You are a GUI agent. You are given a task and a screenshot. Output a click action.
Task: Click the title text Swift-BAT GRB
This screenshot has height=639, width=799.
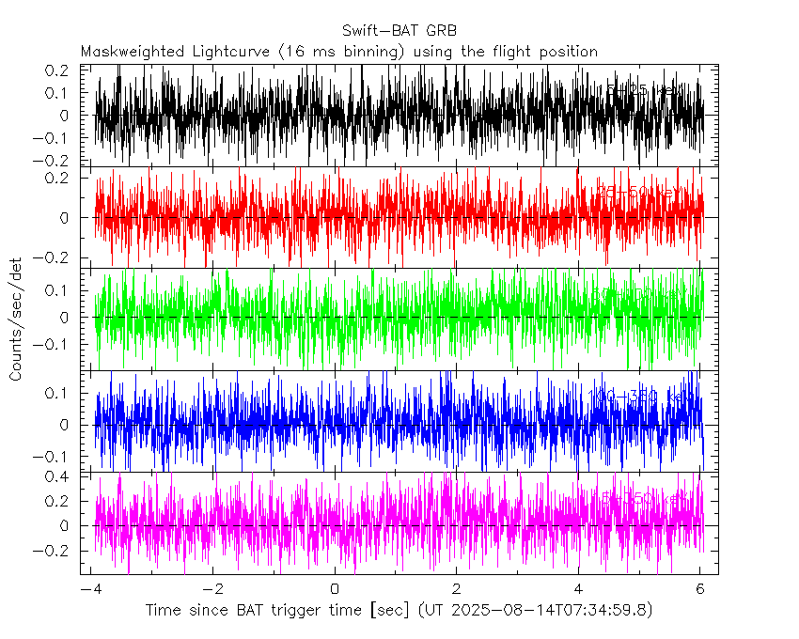[x=399, y=31]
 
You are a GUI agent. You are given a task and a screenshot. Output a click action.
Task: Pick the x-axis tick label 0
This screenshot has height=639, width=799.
[x=335, y=589]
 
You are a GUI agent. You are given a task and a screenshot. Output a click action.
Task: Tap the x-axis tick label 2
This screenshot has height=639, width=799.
[x=456, y=589]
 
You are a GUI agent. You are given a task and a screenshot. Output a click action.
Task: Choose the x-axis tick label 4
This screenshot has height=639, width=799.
[x=578, y=589]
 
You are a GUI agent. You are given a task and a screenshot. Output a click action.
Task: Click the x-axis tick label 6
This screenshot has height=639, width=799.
[x=699, y=589]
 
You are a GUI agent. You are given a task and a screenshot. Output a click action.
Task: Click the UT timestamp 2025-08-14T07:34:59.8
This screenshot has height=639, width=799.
[x=551, y=611]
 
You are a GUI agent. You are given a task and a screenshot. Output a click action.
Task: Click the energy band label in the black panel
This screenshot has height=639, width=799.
[x=644, y=90]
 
